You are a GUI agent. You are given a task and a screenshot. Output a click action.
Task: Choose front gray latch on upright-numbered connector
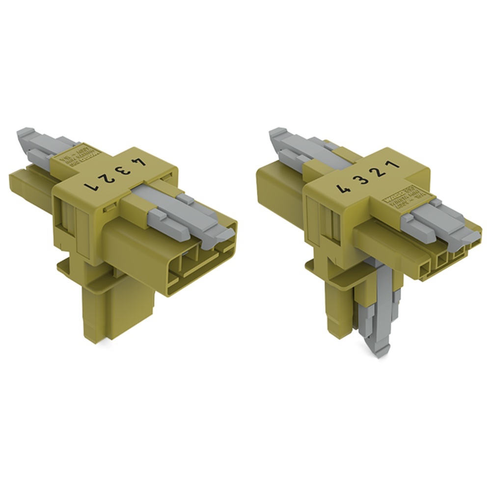click(x=432, y=216)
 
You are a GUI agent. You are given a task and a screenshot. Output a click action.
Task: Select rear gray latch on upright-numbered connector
click(x=295, y=147)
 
